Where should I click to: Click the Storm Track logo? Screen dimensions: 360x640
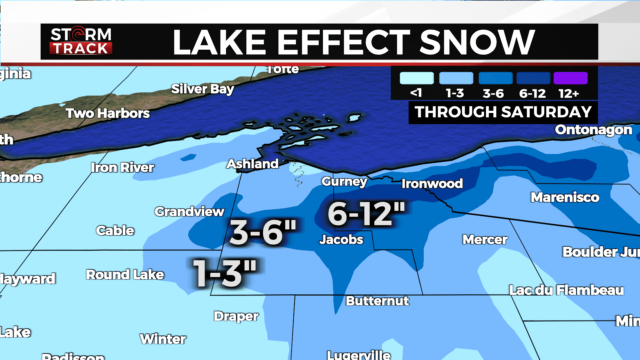[81, 41]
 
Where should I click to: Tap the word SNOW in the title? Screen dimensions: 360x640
[477, 42]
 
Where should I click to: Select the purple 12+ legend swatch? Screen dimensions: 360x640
[570, 78]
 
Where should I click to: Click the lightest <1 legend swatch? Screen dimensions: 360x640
[417, 78]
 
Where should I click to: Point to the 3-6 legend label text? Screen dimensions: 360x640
[493, 93]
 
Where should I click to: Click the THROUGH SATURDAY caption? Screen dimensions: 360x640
[503, 112]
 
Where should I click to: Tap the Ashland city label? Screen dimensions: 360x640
[252, 164]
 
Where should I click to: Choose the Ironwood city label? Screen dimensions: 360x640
[432, 183]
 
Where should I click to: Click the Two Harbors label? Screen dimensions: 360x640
[108, 113]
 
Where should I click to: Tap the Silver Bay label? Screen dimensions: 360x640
[203, 89]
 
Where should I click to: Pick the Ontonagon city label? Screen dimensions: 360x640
[593, 130]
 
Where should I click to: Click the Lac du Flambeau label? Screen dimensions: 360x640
[566, 290]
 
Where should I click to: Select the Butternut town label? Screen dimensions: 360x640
[377, 301]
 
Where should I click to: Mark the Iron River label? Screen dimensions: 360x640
[123, 168]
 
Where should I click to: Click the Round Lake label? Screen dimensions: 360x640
[125, 275]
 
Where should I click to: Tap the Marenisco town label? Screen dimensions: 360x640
[565, 197]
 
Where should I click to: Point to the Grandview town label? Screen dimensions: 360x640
[189, 212]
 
